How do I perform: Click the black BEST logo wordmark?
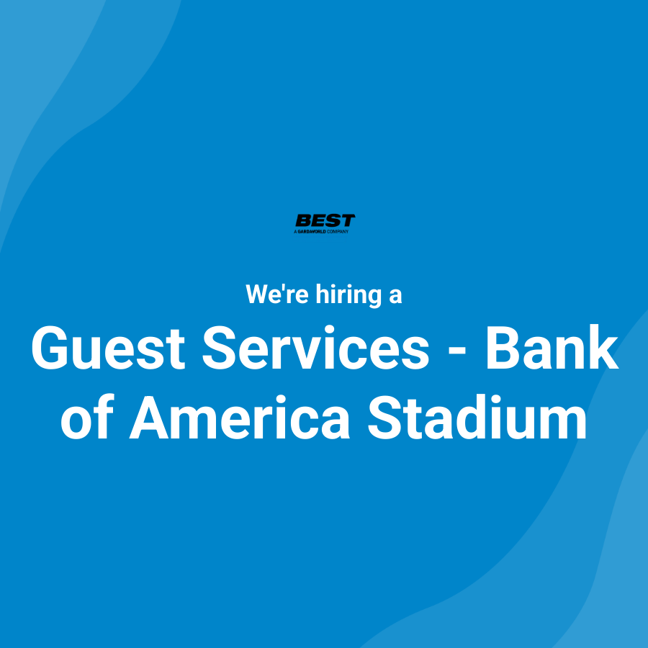(325, 221)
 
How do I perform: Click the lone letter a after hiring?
(395, 297)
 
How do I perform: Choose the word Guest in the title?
(109, 348)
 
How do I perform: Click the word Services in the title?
(315, 348)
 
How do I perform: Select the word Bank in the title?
(552, 348)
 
